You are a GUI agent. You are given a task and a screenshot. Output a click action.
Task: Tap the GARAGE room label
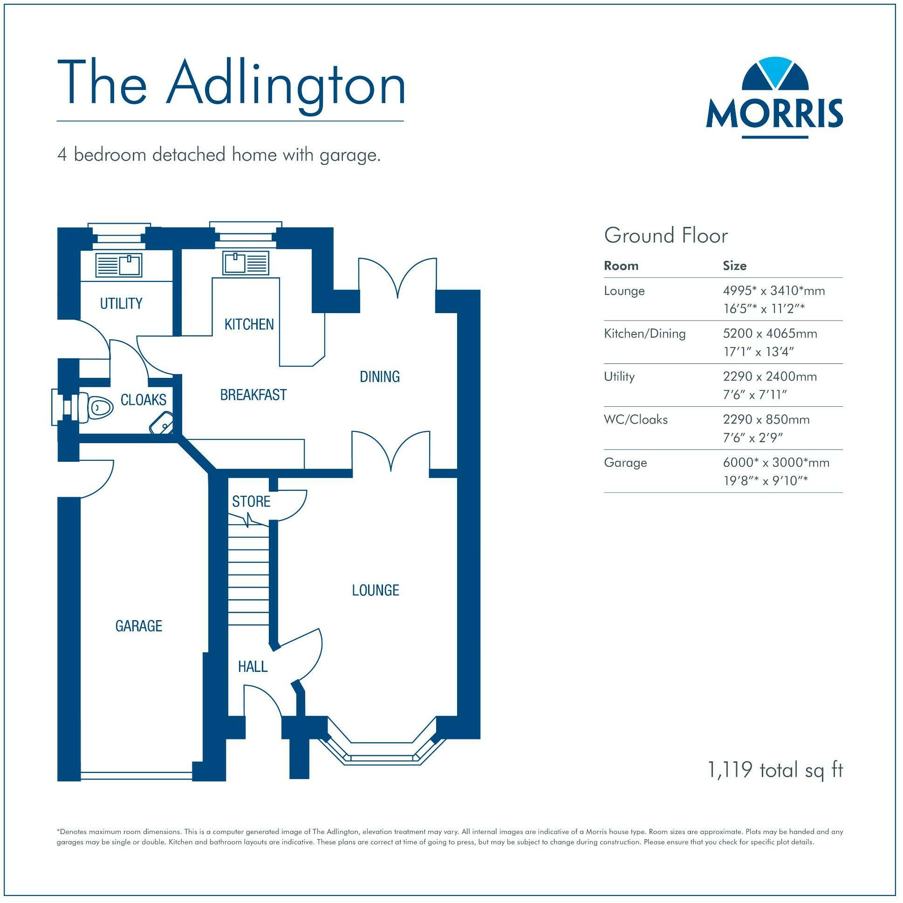point(139,626)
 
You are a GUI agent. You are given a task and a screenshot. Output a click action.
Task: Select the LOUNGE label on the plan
point(376,590)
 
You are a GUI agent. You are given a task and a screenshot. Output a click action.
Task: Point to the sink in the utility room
point(119,265)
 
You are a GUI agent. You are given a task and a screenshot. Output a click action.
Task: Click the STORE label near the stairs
point(252,502)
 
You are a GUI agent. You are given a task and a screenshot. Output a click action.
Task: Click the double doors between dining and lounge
point(391,451)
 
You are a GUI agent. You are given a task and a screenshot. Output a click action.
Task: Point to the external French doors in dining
point(397,278)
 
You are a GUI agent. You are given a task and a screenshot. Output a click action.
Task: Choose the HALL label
point(253,666)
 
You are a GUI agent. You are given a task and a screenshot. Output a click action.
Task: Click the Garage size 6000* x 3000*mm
point(776,463)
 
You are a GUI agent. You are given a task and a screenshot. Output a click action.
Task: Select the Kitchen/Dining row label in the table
point(644,334)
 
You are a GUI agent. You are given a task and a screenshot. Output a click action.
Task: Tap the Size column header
point(734,266)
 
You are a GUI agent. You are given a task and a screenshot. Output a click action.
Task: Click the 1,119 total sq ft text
point(775,770)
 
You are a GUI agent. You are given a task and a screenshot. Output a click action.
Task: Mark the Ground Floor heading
point(665,236)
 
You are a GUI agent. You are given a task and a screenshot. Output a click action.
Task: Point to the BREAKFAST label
point(253,395)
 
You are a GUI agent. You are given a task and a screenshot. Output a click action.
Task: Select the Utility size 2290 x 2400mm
point(770,377)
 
